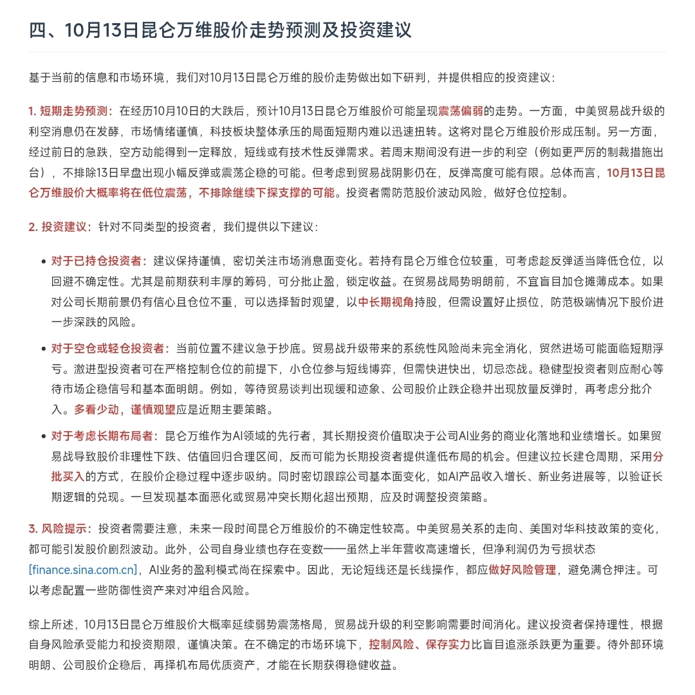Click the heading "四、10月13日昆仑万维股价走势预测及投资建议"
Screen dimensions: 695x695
[220, 30]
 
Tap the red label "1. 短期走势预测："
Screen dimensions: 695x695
[71, 110]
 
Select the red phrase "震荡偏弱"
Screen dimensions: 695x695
[461, 110]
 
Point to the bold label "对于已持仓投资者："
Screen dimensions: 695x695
[99, 261]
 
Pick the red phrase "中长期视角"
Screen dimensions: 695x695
[385, 301]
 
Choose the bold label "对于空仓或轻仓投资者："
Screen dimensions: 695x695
[110, 348]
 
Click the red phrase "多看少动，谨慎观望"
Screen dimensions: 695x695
[123, 409]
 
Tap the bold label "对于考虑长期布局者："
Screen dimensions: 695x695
[104, 436]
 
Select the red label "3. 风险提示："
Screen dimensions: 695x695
[62, 529]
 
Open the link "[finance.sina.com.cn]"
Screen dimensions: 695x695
[84, 570]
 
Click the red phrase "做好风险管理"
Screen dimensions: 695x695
[523, 570]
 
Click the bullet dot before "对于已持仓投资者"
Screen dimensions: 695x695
[43, 261]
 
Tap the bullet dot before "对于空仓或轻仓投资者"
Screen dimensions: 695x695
[43, 349]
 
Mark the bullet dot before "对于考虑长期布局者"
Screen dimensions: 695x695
[43, 436]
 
